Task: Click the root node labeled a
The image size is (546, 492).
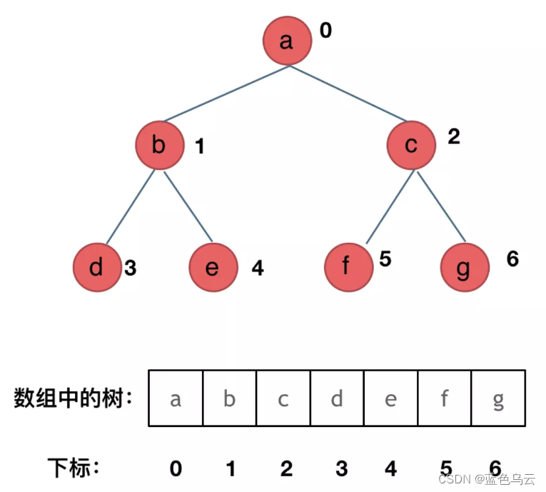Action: click(x=287, y=41)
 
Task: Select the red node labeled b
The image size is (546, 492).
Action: click(x=159, y=146)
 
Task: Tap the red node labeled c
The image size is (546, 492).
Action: click(x=411, y=146)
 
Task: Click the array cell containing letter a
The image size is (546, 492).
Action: click(x=176, y=398)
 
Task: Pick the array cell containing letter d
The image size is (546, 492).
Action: click(x=337, y=398)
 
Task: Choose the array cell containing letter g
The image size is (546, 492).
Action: click(x=498, y=398)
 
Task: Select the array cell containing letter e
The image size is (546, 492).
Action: click(x=390, y=398)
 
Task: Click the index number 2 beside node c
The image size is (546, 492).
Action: click(x=454, y=136)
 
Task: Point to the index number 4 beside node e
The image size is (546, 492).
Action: click(x=258, y=268)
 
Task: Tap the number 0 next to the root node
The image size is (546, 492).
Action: click(x=325, y=31)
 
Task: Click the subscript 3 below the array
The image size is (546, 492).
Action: click(x=341, y=468)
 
